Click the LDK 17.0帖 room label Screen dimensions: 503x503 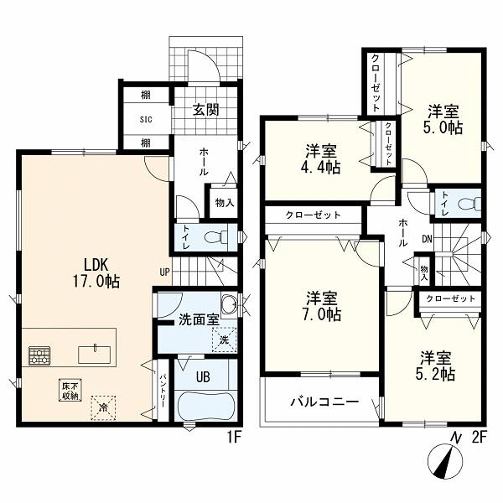point(96,273)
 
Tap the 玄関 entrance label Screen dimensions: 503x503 point(206,110)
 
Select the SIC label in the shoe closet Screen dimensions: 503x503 point(146,120)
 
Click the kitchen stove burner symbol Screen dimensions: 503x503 point(39,355)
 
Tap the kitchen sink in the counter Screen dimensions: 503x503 point(94,354)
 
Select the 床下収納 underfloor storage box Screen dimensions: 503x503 point(70,390)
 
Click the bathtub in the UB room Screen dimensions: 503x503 point(204,405)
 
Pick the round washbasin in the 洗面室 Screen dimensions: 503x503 point(229,303)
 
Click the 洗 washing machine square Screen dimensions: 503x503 point(224,340)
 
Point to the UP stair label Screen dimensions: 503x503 point(165,272)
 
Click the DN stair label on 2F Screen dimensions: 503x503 point(427,238)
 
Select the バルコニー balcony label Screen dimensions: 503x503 point(324,402)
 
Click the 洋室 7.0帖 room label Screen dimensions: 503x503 point(322,306)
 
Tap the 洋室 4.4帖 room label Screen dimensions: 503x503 point(321,159)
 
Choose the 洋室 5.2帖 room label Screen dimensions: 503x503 point(436,366)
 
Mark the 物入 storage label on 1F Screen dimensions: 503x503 point(225,203)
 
